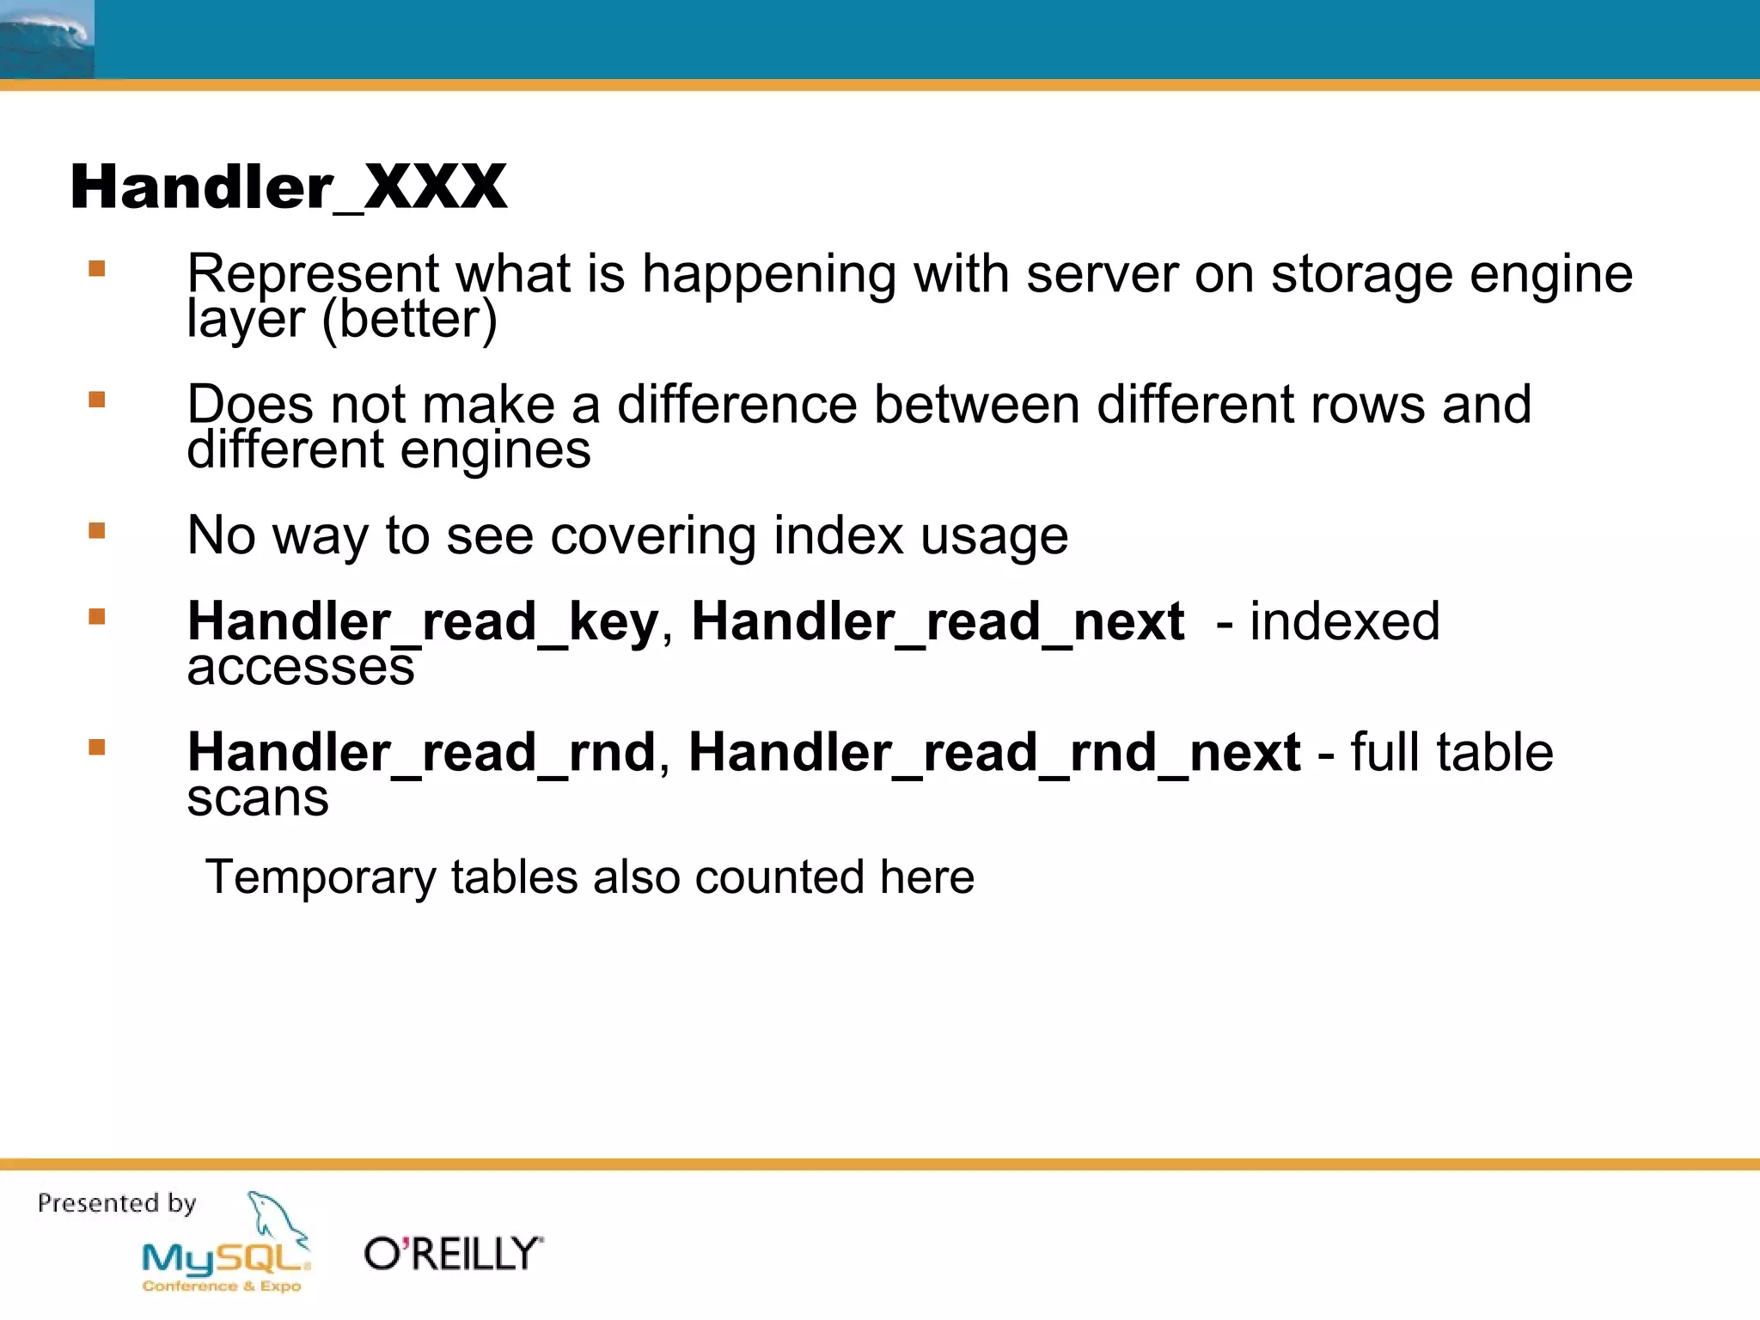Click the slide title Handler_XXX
288,186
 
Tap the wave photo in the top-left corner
46,39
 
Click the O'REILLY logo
454,1254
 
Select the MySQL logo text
225,1259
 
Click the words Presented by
117,1202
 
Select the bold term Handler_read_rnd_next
994,753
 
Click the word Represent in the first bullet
313,274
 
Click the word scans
258,798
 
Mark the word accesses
301,667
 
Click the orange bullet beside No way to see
97,531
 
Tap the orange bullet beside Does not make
97,400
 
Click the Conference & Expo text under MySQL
222,1286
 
